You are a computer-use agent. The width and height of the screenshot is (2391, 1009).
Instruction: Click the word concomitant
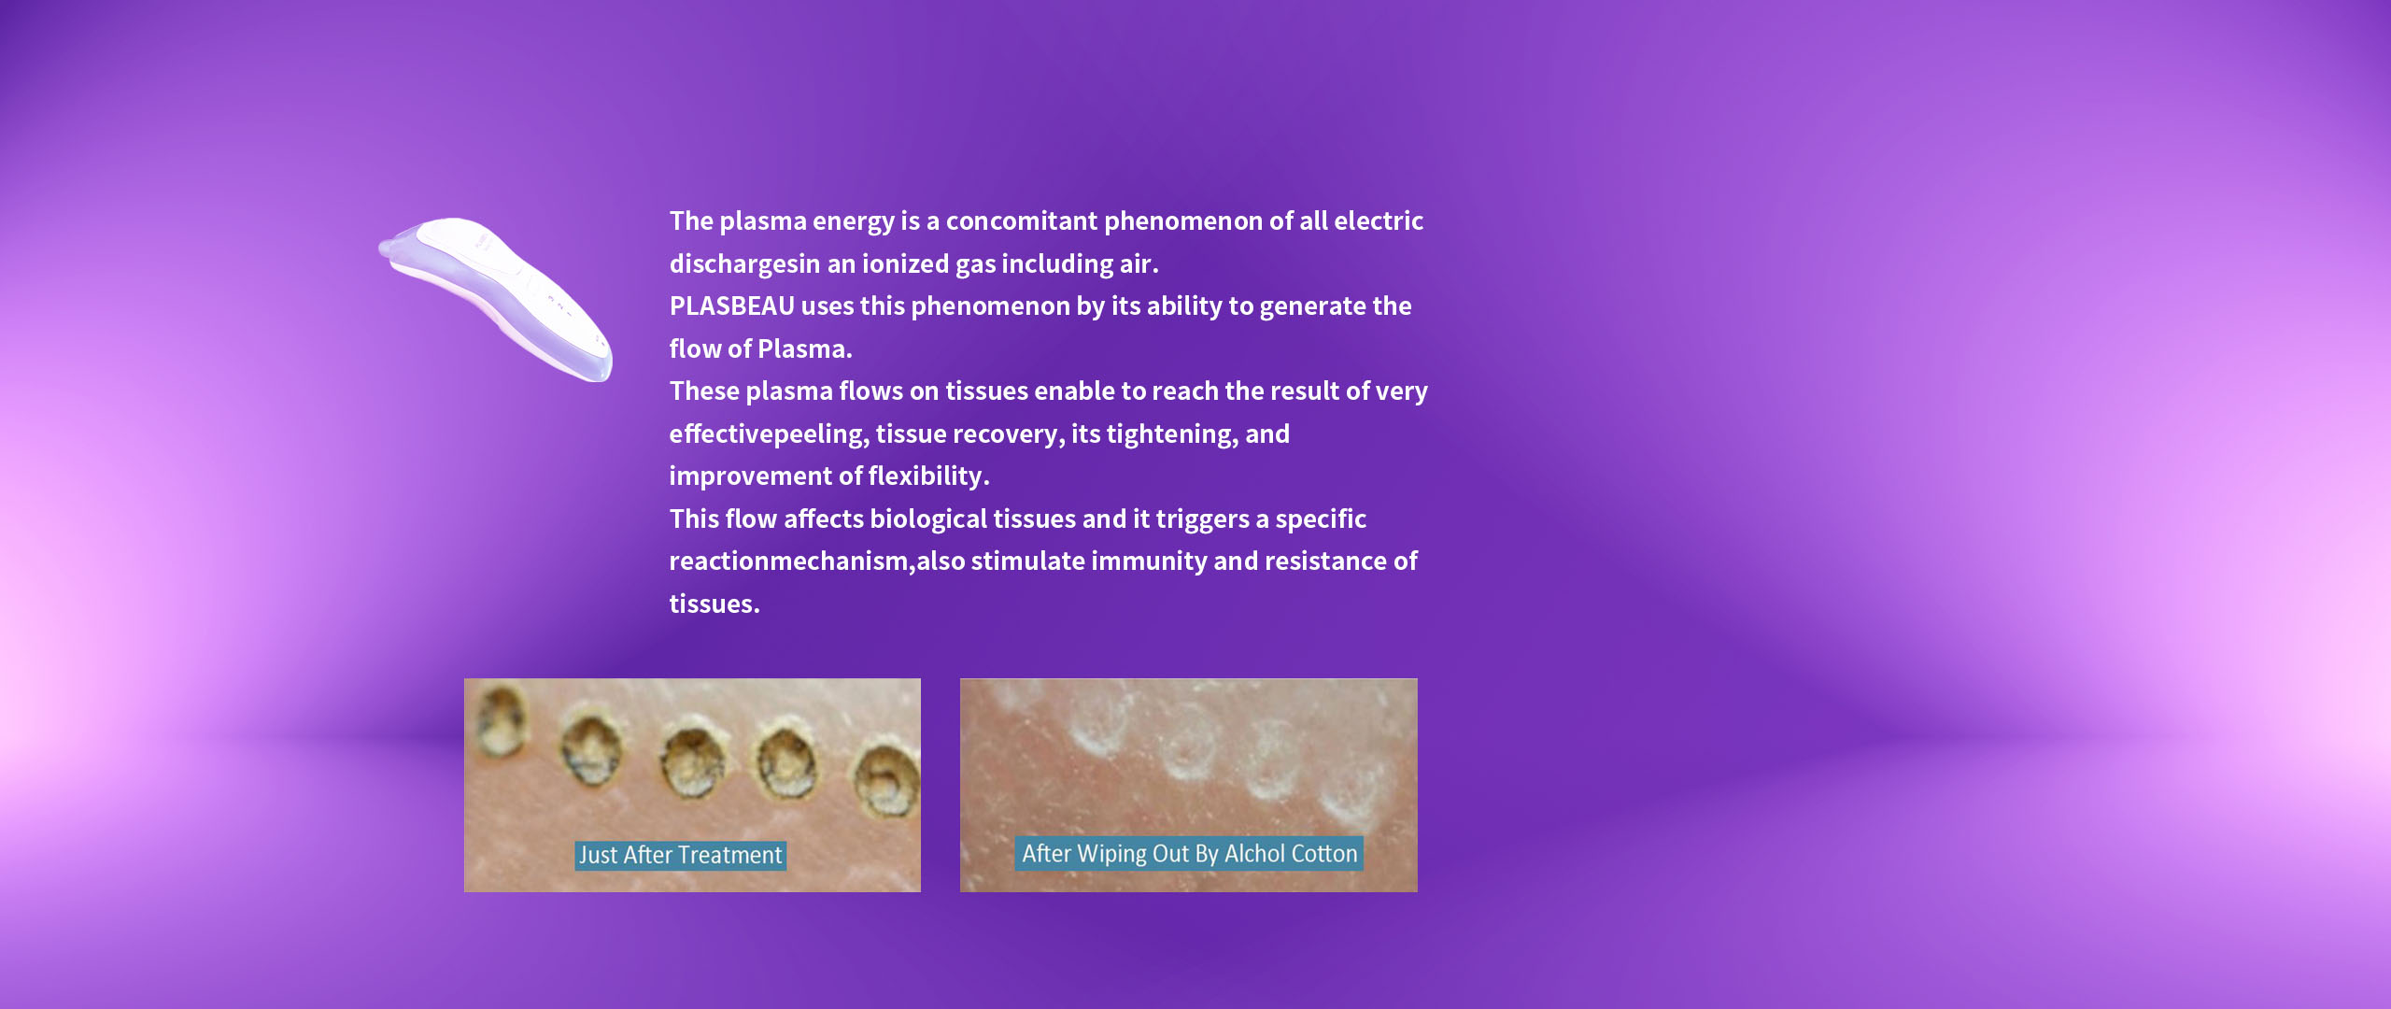point(1022,221)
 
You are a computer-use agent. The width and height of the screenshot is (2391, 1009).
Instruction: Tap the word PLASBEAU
point(732,306)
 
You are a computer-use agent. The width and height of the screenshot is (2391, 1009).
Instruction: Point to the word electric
point(1379,221)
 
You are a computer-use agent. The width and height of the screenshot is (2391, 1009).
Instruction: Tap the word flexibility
point(928,476)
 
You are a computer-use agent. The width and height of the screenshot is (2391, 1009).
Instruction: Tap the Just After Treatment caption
point(680,855)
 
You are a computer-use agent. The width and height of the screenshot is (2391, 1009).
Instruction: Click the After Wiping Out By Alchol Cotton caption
point(1189,854)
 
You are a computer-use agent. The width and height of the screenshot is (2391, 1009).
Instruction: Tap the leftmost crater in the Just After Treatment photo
point(501,721)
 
